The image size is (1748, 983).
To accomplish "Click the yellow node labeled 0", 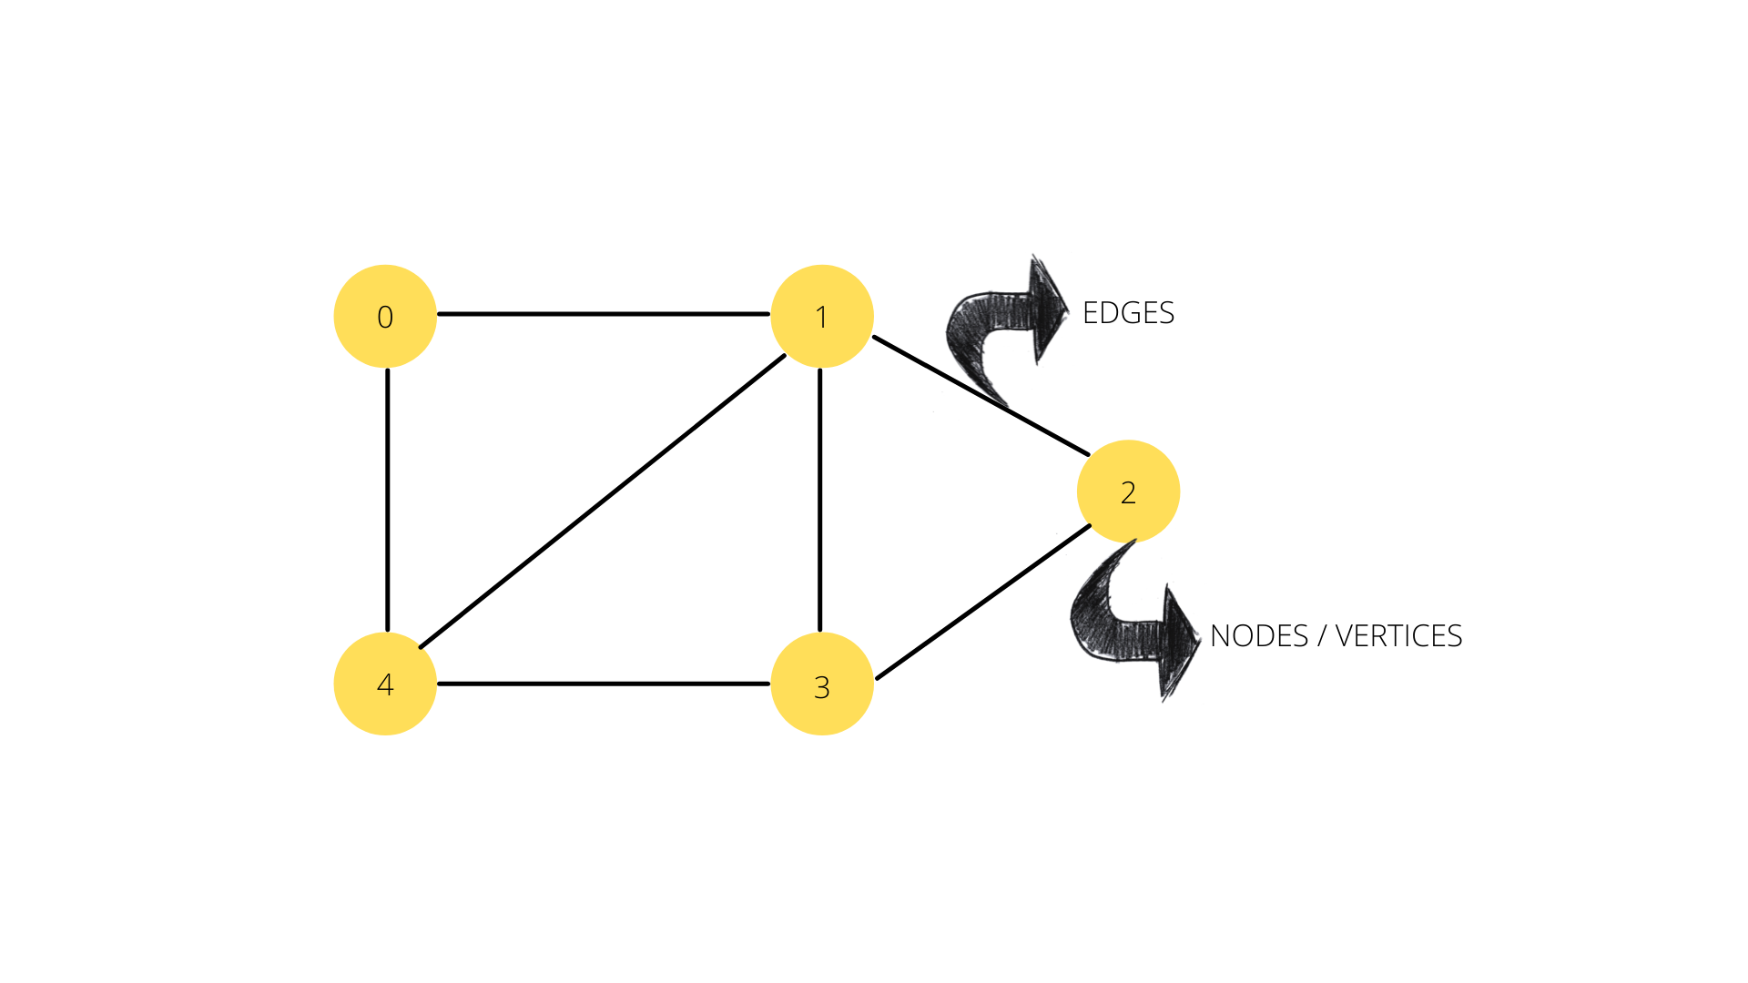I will tap(385, 316).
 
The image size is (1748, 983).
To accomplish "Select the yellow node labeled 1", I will tap(821, 316).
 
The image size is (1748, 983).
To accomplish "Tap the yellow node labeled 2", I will tap(1128, 491).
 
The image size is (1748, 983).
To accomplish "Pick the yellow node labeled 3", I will tap(821, 684).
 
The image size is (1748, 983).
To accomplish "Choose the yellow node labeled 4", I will tap(385, 684).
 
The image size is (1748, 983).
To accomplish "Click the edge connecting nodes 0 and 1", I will tap(603, 314).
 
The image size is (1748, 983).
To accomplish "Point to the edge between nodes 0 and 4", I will tap(388, 501).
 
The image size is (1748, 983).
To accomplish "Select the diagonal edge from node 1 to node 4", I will tap(603, 502).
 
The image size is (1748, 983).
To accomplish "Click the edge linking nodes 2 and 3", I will tap(983, 602).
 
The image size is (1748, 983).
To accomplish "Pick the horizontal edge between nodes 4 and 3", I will tap(603, 684).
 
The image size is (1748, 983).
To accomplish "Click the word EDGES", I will tap(1128, 313).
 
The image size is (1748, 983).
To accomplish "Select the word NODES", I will tap(1259, 636).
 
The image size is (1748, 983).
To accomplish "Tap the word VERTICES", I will tap(1398, 636).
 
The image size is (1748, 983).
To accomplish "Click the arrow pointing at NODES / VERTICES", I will tap(1129, 628).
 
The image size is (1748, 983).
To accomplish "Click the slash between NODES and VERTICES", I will tap(1321, 636).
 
